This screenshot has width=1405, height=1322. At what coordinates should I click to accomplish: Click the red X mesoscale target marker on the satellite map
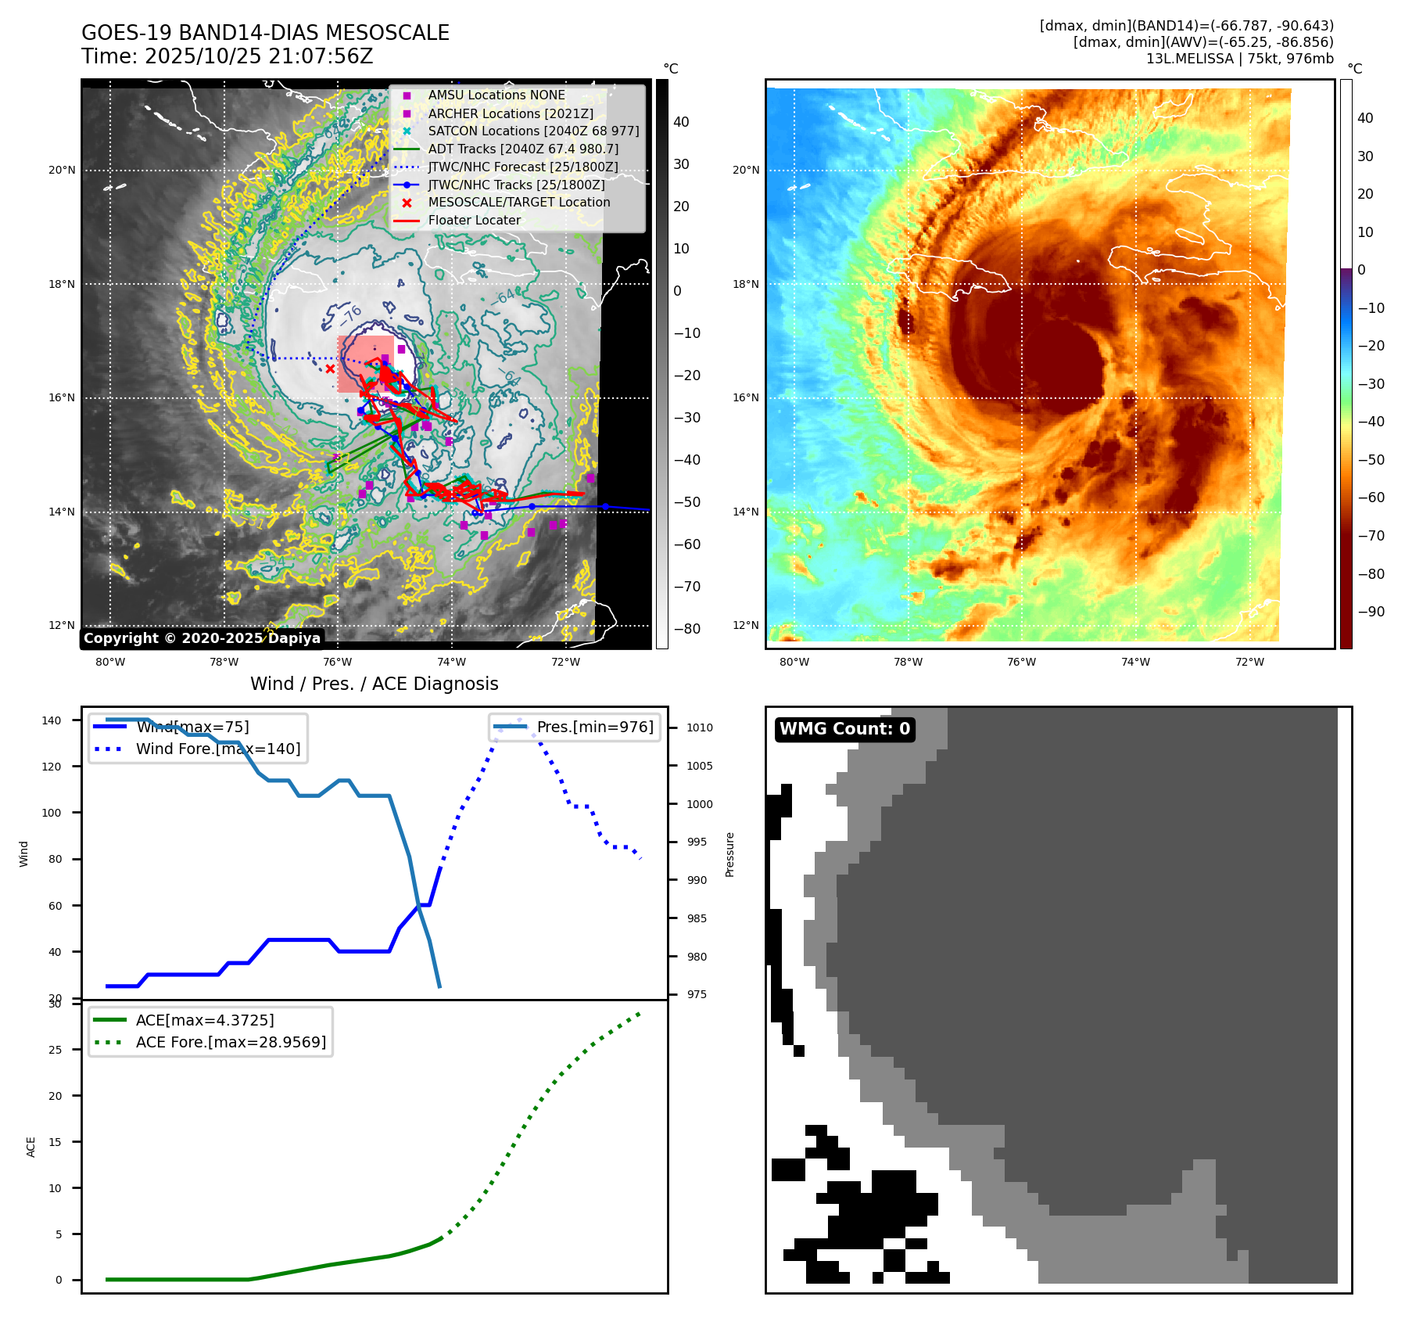(330, 369)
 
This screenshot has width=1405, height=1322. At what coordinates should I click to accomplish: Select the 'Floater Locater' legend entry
(474, 221)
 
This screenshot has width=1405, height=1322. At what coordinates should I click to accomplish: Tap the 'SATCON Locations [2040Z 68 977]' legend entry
(533, 131)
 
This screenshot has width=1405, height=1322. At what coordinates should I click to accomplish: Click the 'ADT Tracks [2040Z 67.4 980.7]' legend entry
(523, 149)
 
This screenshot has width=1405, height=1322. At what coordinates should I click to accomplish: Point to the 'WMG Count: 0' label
(844, 729)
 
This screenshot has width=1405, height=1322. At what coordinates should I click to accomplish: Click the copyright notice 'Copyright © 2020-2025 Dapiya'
(202, 638)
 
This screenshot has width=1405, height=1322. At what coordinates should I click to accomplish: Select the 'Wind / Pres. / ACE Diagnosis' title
(374, 684)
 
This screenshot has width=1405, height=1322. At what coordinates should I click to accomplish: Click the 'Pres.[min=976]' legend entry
(595, 727)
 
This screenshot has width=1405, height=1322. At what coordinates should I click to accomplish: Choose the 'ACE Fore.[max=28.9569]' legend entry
(231, 1042)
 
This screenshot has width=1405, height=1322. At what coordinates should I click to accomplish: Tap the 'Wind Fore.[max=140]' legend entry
(218, 749)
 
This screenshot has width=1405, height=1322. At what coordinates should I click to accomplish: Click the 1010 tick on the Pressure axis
(700, 727)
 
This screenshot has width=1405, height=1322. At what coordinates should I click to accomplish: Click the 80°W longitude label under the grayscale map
(110, 663)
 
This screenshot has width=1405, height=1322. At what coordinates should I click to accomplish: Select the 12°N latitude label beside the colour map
(746, 626)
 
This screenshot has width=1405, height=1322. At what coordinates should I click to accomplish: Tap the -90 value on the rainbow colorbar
(1371, 612)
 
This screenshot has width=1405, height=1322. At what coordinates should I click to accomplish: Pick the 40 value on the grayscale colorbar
(681, 122)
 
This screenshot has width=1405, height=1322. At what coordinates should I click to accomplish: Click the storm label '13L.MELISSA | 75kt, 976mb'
(1239, 59)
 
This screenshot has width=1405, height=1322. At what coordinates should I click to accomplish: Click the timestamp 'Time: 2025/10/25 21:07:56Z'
(227, 57)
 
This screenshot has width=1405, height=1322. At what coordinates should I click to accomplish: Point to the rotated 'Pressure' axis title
(730, 854)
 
